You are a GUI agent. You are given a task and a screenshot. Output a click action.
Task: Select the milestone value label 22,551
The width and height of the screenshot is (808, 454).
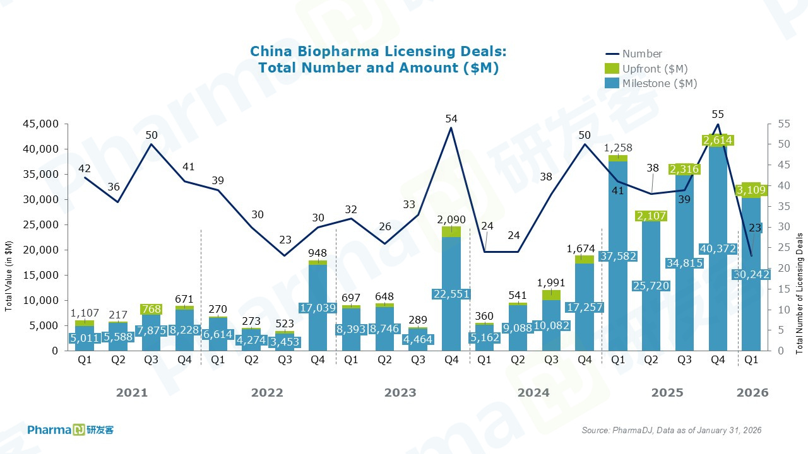(x=451, y=294)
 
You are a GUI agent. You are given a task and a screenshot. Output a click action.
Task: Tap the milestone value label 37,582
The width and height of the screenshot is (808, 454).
(x=618, y=256)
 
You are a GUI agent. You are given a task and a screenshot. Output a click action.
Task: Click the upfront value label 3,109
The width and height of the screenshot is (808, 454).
(x=752, y=190)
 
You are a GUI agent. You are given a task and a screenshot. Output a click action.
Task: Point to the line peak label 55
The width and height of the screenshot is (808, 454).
(x=718, y=114)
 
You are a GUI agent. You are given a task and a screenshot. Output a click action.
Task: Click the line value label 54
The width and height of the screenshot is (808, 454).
(x=451, y=119)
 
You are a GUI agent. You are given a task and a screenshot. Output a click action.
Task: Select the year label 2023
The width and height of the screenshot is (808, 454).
(x=400, y=393)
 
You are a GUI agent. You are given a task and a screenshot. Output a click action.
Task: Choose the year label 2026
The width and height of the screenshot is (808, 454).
(x=752, y=393)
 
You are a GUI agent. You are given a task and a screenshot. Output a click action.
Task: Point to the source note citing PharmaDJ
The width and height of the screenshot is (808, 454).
(x=671, y=430)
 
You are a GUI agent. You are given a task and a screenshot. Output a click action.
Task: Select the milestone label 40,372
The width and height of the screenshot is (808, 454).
(x=718, y=249)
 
